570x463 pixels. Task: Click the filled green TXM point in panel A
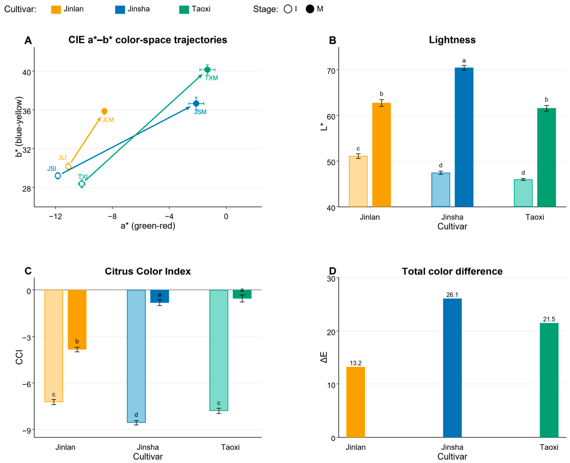coord(207,70)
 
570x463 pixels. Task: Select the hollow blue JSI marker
coord(58,176)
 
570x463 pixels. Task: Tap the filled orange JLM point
coord(104,111)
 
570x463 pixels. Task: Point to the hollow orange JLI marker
coord(68,166)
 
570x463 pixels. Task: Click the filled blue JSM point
coord(196,103)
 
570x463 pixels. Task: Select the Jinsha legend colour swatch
coord(120,9)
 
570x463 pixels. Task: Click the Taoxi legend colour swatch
coord(184,9)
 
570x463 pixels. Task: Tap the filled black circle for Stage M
coord(310,9)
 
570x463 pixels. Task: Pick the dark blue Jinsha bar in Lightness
coord(464,137)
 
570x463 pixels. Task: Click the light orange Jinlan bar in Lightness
coord(358,181)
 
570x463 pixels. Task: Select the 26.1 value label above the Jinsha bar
coord(452,295)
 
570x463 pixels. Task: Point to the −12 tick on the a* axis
coord(55,216)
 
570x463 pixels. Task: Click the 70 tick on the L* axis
coord(331,71)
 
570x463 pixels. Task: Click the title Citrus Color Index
coord(148,271)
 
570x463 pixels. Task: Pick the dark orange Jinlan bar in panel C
coord(77,319)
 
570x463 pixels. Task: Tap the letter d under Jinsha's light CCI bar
coord(136,414)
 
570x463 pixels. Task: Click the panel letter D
coord(332,271)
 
